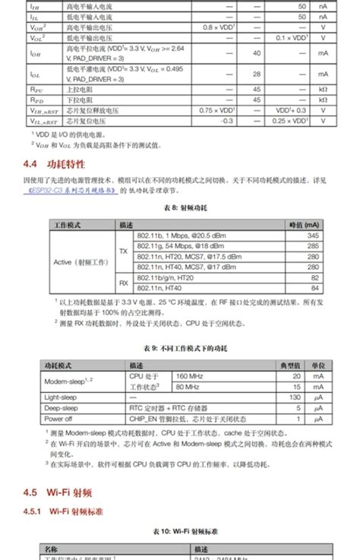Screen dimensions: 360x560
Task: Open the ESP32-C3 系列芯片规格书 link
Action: pos(73,191)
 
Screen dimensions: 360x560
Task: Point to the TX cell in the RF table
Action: pos(124,252)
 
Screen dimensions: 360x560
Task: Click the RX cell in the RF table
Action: pos(124,282)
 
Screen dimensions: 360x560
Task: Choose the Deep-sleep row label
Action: pos(62,408)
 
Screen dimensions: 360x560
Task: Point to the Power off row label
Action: pos(58,418)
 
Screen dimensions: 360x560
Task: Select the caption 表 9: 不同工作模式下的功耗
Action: pos(180,349)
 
